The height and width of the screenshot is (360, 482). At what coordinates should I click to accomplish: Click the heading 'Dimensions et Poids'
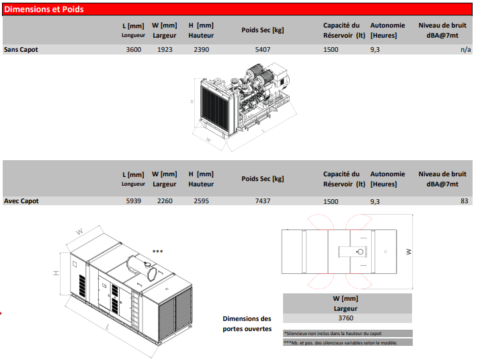click(44, 9)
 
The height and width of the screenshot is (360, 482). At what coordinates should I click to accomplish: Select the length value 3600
click(133, 50)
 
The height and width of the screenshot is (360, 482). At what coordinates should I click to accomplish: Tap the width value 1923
click(165, 50)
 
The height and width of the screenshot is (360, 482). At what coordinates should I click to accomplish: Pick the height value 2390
click(202, 50)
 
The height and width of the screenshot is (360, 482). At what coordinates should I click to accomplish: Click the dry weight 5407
click(263, 50)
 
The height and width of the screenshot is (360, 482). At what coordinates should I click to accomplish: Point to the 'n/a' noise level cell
click(466, 50)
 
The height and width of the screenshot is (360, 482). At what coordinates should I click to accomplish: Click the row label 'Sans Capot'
click(21, 50)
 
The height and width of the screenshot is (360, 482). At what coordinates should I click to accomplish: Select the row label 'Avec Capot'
click(22, 201)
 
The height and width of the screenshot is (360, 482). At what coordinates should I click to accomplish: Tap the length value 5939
click(133, 201)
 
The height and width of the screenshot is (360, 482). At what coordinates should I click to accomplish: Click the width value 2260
click(165, 201)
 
